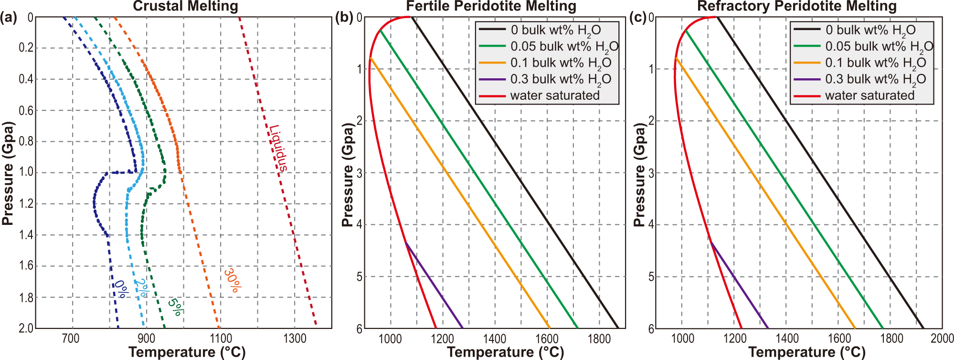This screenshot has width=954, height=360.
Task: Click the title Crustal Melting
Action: (x=185, y=6)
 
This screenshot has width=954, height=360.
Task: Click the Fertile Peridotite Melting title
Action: (x=491, y=6)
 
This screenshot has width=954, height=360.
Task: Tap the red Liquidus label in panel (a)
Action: (x=278, y=148)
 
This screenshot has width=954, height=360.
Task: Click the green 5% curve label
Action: (x=175, y=307)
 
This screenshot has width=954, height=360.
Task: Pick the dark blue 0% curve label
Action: (x=121, y=289)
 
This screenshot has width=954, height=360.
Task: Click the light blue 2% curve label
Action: (x=141, y=288)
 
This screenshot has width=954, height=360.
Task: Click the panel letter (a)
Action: (x=9, y=18)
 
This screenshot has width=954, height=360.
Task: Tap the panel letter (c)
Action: (x=638, y=18)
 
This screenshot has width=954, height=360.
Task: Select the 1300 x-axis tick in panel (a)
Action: (x=295, y=339)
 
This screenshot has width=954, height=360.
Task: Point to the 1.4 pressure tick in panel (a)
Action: (x=26, y=234)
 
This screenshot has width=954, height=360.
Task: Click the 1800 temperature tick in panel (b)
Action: (x=599, y=339)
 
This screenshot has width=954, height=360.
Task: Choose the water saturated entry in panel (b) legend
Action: (x=554, y=95)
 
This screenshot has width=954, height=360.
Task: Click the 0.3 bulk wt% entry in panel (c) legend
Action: (x=875, y=79)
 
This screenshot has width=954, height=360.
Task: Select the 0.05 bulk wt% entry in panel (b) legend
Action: (x=564, y=47)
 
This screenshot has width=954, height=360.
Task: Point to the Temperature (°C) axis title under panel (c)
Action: (x=806, y=352)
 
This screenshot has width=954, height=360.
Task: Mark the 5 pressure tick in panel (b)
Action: (x=360, y=277)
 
